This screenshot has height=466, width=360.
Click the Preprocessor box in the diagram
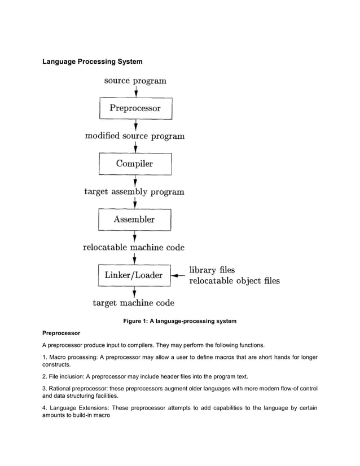click(x=135, y=108)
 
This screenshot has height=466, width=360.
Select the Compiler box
click(x=135, y=164)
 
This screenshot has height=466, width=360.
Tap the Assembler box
click(x=135, y=219)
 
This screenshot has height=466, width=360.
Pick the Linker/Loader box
click(x=134, y=275)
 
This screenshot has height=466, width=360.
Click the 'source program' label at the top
click(x=135, y=81)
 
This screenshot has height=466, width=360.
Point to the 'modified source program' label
click(x=134, y=136)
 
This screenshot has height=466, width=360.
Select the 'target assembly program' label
click(x=134, y=192)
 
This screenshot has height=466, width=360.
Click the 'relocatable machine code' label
click(x=134, y=247)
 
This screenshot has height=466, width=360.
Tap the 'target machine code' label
click(x=134, y=302)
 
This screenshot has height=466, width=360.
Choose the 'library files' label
click(x=212, y=270)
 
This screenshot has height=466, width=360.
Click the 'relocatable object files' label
click(x=234, y=280)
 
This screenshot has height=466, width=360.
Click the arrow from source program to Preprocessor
click(x=135, y=91)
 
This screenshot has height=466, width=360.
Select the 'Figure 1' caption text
click(x=179, y=321)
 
